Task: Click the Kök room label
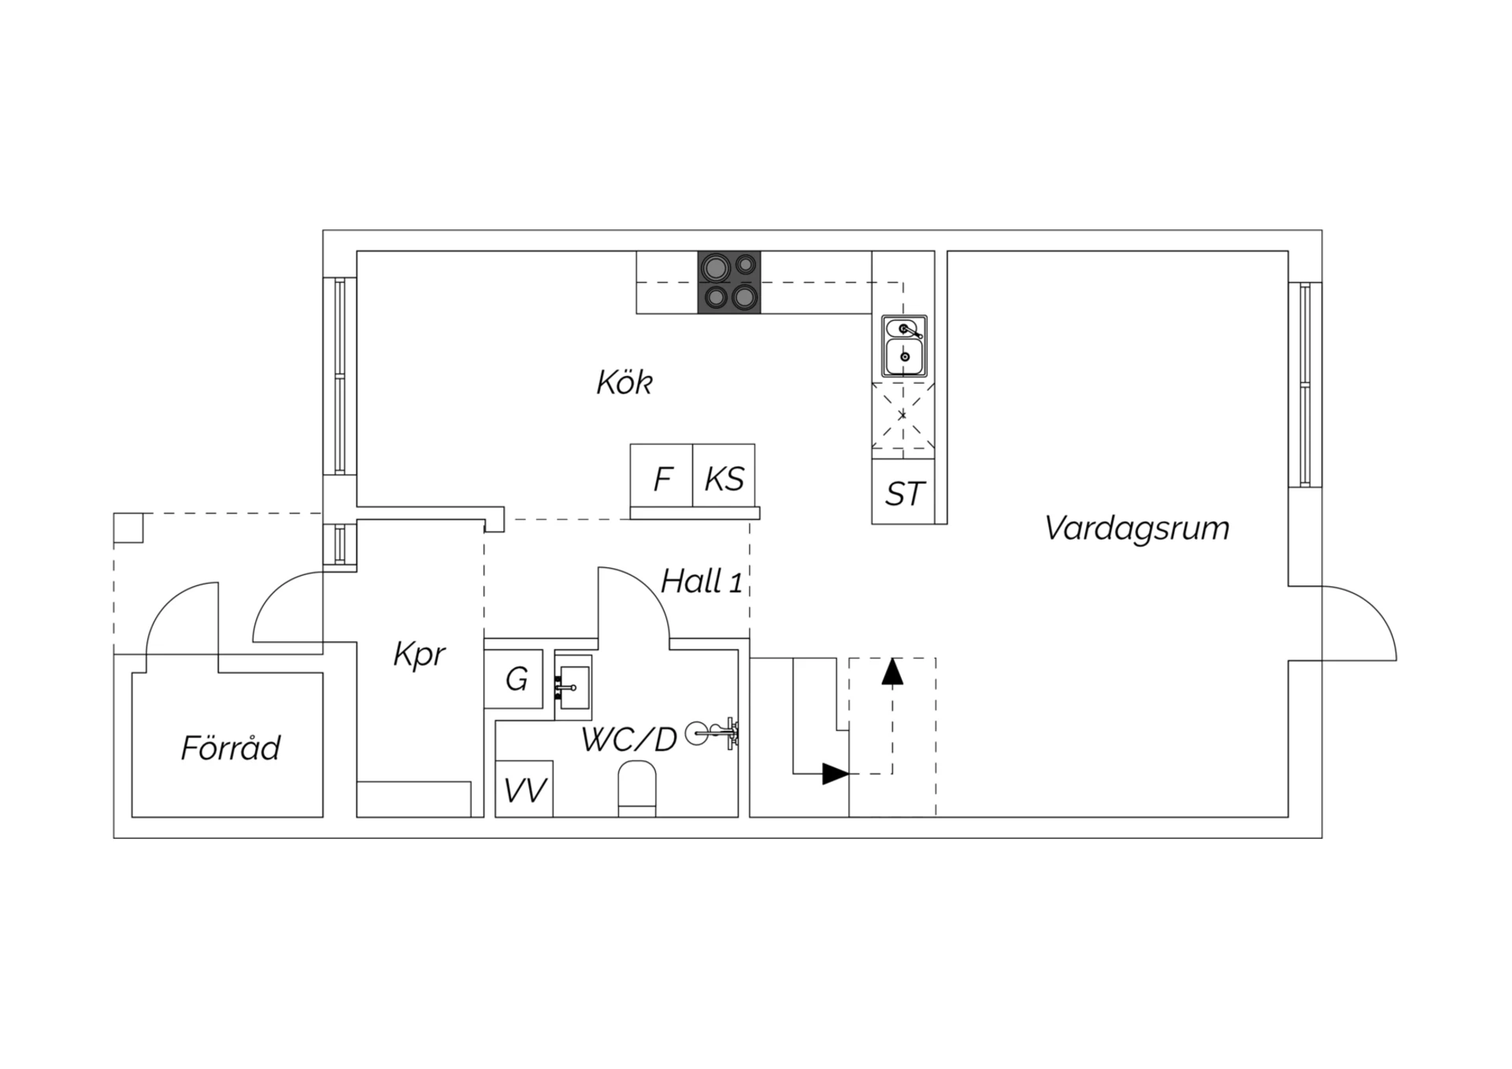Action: point(624,382)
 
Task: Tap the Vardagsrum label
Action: point(1136,528)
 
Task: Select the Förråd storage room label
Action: point(230,747)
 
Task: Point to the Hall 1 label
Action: point(702,581)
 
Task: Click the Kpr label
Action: point(419,655)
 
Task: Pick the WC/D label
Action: point(629,740)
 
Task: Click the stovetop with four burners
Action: point(729,282)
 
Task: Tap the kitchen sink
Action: point(904,347)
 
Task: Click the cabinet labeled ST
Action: point(903,492)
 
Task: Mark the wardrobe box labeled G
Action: point(513,678)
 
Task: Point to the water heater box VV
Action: point(524,789)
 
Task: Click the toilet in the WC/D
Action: point(637,789)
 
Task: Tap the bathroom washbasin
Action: point(573,686)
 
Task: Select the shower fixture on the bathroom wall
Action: point(712,733)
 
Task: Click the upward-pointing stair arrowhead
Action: point(892,671)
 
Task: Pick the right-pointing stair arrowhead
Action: point(836,774)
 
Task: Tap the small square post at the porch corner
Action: point(128,528)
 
